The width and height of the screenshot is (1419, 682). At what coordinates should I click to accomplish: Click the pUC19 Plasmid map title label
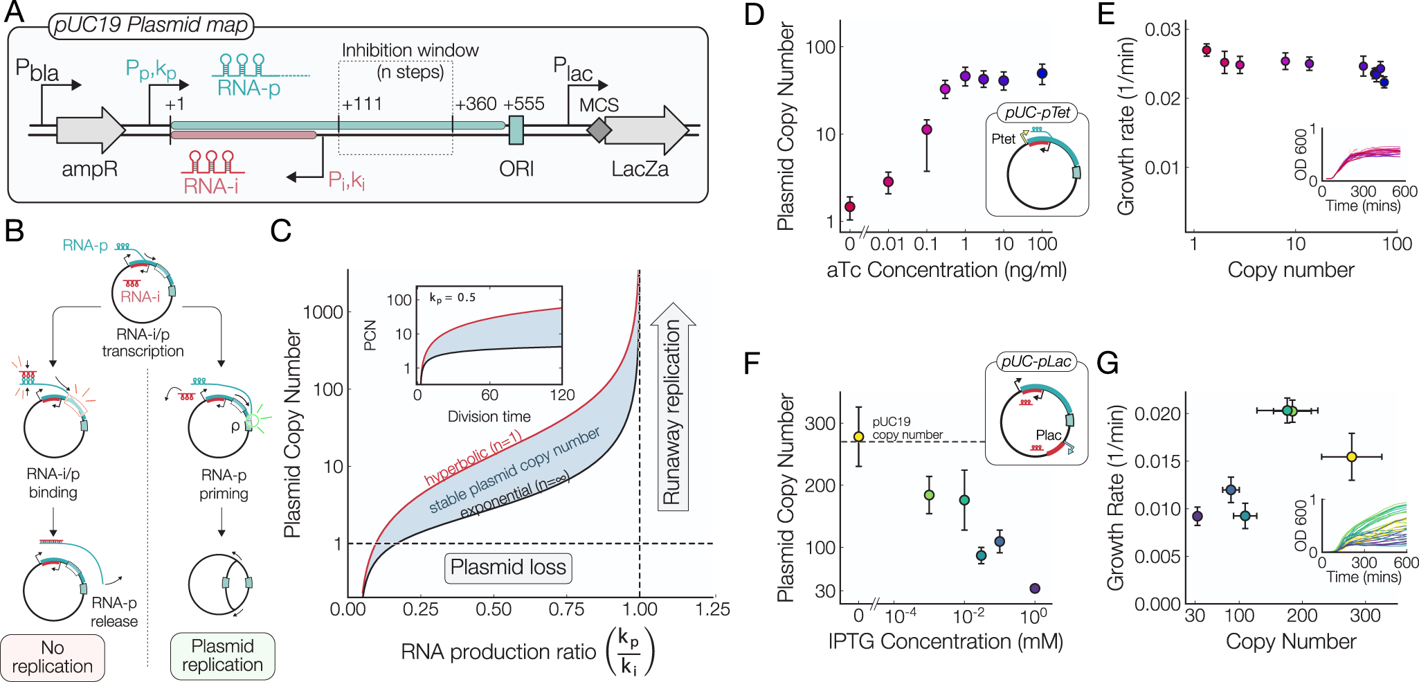pyautogui.click(x=151, y=26)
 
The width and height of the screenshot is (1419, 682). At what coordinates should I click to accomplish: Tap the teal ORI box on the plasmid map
pyautogui.click(x=516, y=130)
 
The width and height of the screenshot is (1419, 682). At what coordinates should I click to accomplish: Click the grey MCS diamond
pyautogui.click(x=599, y=130)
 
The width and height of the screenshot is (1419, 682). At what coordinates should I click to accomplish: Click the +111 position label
pyautogui.click(x=362, y=105)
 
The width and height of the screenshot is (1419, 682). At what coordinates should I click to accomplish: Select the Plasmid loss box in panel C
pyautogui.click(x=508, y=568)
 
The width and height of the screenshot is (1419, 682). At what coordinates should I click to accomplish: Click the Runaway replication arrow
pyautogui.click(x=672, y=409)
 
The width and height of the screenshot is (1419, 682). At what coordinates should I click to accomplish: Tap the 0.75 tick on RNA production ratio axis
pyautogui.click(x=566, y=610)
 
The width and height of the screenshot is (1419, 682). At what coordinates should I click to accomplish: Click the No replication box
pyautogui.click(x=53, y=657)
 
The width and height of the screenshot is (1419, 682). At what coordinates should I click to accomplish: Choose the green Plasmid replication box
pyautogui.click(x=222, y=656)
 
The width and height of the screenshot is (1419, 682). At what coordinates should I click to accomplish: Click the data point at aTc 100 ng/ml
pyautogui.click(x=1042, y=73)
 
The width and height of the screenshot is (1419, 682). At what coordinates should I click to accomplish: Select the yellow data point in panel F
pyautogui.click(x=858, y=437)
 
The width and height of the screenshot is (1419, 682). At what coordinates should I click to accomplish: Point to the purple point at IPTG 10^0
pyautogui.click(x=1035, y=589)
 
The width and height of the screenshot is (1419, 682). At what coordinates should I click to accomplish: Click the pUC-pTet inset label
pyautogui.click(x=1037, y=113)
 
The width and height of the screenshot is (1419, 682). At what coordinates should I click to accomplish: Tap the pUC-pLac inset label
pyautogui.click(x=1036, y=361)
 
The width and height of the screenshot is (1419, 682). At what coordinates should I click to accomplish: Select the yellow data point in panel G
pyautogui.click(x=1351, y=457)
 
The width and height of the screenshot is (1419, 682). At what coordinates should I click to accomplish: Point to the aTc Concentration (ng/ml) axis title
pyautogui.click(x=946, y=270)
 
